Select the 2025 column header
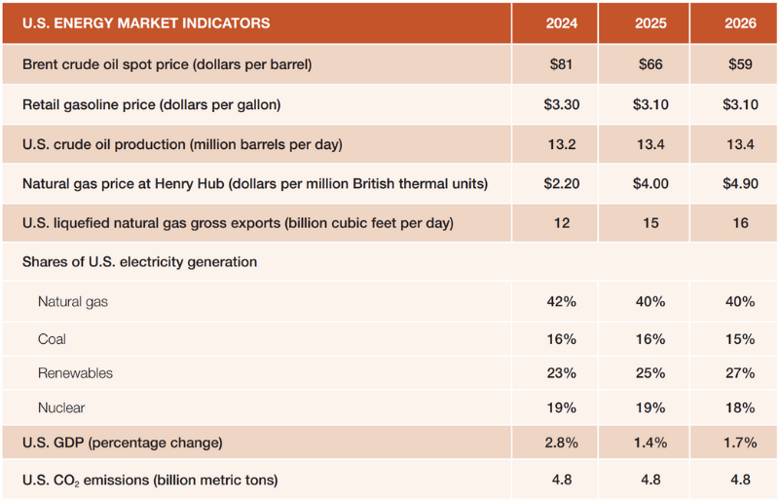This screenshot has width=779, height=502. [650, 23]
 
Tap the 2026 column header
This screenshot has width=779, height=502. [740, 23]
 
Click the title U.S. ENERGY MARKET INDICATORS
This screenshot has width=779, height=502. [146, 23]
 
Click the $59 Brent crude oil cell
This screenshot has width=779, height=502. [740, 64]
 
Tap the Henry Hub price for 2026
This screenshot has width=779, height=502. [740, 183]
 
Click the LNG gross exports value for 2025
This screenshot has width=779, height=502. [650, 223]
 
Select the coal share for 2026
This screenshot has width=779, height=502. [740, 339]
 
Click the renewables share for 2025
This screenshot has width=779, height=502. [650, 373]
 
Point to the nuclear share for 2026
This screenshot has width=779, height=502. [740, 407]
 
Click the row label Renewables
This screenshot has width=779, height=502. [75, 373]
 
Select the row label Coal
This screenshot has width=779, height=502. [54, 339]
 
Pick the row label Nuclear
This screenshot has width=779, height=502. [61, 407]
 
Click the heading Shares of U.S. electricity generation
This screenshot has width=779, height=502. [139, 261]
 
